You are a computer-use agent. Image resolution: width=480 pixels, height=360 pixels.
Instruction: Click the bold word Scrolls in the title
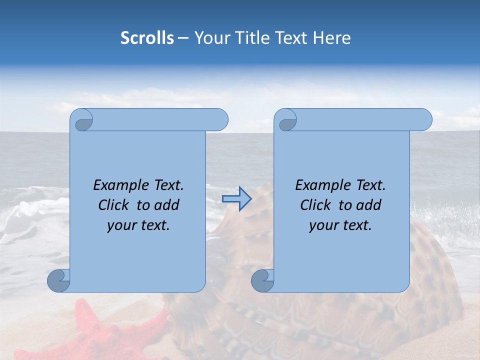[147, 38]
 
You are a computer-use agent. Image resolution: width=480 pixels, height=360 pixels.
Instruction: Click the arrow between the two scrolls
[237, 199]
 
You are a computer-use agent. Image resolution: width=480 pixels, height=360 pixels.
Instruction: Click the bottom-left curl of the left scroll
[58, 280]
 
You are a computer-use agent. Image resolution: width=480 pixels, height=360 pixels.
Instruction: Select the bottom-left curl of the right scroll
[262, 280]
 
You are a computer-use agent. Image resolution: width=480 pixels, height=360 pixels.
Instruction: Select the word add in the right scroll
[369, 205]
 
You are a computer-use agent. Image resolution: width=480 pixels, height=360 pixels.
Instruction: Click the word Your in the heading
[210, 38]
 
